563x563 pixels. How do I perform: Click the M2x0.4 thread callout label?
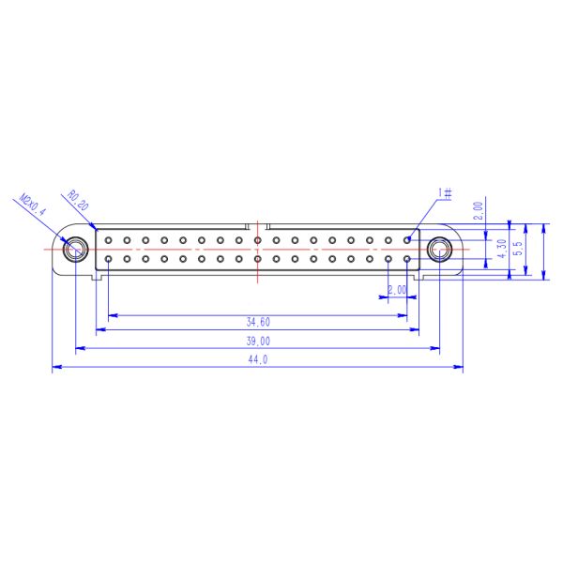(33, 205)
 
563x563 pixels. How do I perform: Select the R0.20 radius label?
(78, 201)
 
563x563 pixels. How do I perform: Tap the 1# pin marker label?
(445, 193)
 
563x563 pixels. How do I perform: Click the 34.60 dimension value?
(258, 322)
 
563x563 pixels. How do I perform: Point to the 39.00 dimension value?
(258, 341)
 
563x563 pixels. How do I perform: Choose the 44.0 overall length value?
(258, 359)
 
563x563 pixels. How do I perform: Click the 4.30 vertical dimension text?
(502, 249)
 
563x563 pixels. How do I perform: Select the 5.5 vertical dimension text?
(518, 248)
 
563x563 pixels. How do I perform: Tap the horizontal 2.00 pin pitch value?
(398, 290)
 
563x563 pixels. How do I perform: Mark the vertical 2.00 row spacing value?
(479, 211)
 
